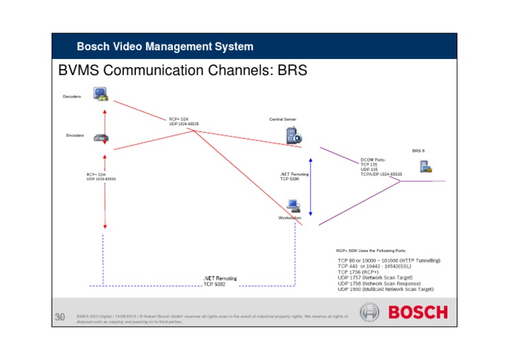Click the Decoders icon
[101, 93]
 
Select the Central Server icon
[292, 135]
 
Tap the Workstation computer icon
[293, 206]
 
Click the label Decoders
[72, 96]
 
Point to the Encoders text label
[75, 135]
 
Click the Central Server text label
[282, 119]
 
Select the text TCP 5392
[215, 284]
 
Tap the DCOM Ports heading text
[372, 160]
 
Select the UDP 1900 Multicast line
[386, 290]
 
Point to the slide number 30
[60, 318]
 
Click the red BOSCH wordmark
[418, 312]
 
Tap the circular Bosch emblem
[370, 312]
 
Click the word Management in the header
[168, 46]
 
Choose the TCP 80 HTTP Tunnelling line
[389, 261]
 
